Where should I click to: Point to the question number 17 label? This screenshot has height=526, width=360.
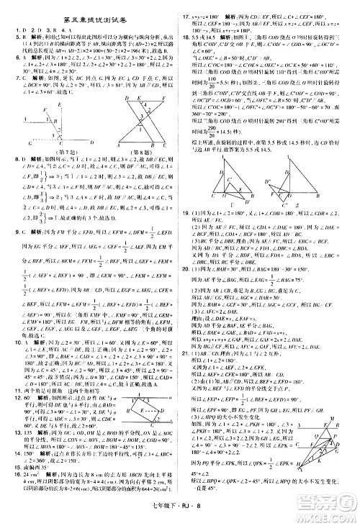(186, 15)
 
